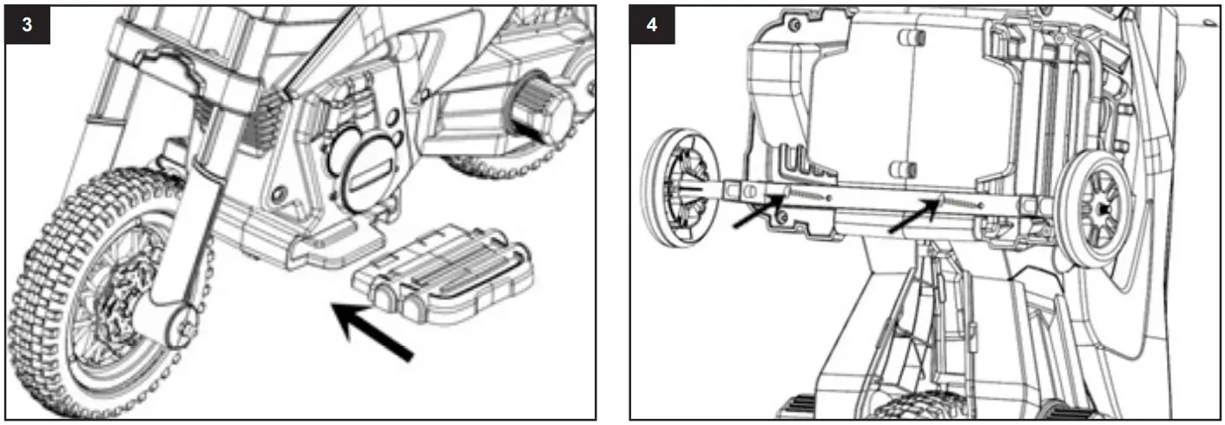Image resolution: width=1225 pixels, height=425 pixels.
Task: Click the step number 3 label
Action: (28, 24)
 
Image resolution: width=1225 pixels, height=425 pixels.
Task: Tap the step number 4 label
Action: (652, 24)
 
